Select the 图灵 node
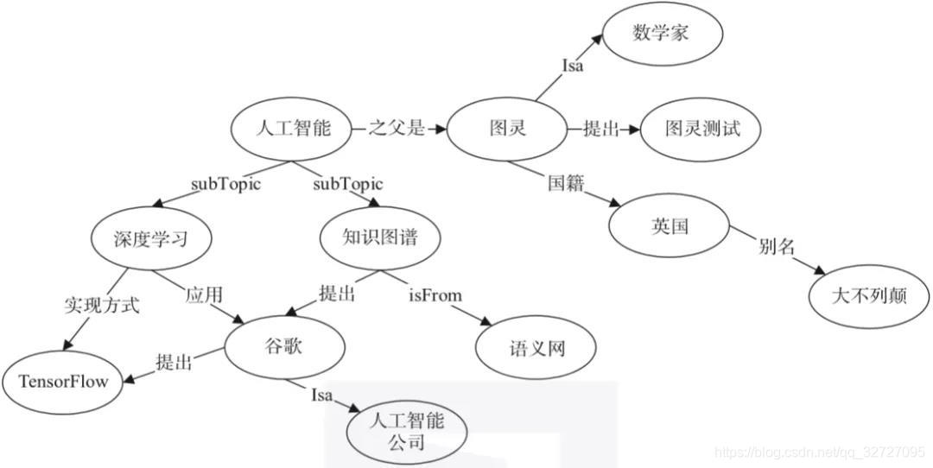507,130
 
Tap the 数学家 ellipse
662,35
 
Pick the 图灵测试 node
701,130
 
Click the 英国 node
670,226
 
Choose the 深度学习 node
151,238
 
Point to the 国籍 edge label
566,184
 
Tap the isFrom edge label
435,295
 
